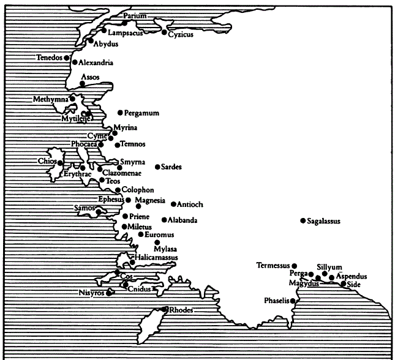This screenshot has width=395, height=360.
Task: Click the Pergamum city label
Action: click(x=142, y=113)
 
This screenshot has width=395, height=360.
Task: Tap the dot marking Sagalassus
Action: click(x=303, y=221)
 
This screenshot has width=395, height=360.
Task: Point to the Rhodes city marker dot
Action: click(x=165, y=310)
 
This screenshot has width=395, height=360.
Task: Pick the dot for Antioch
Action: click(x=173, y=204)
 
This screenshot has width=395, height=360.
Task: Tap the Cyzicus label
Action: click(x=181, y=34)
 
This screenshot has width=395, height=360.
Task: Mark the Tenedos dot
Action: click(x=66, y=58)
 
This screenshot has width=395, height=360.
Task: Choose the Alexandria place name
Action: click(x=96, y=62)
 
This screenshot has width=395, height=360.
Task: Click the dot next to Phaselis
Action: click(x=293, y=301)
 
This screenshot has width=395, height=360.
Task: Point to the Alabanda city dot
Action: click(x=164, y=220)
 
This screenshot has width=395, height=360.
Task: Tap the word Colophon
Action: click(x=138, y=190)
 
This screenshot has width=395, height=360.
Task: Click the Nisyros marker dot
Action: click(x=109, y=293)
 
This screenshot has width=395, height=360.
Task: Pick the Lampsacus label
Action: click(x=125, y=33)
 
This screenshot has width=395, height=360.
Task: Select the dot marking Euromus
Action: click(x=141, y=234)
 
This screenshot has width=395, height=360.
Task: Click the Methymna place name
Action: click(x=51, y=99)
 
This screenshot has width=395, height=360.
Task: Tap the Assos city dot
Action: click(x=83, y=84)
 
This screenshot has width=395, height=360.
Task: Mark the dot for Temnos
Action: click(x=118, y=145)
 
